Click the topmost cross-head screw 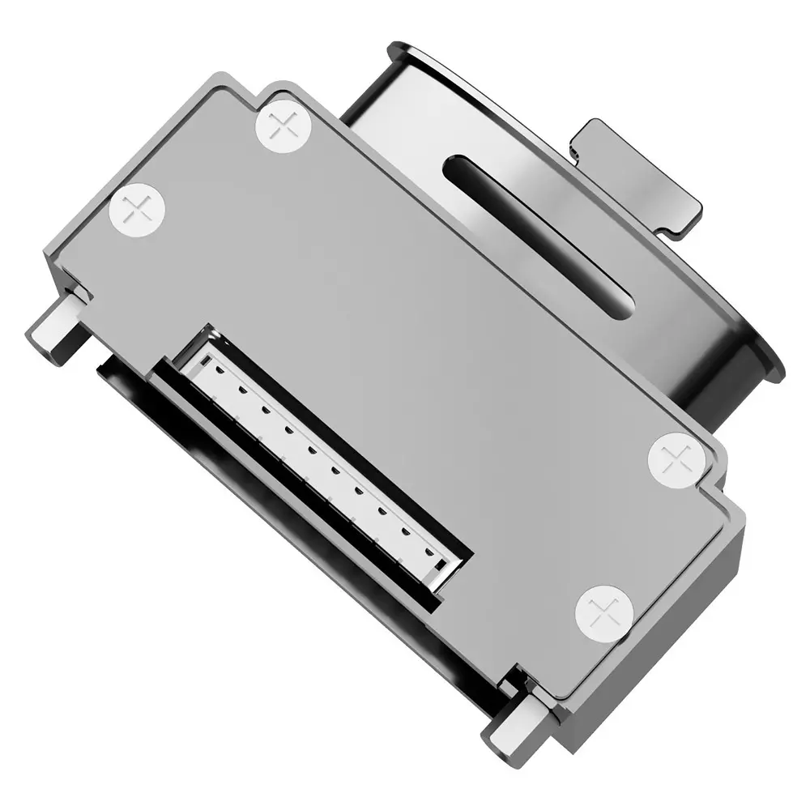coord(283,125)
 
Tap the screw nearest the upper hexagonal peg coord(138,211)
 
